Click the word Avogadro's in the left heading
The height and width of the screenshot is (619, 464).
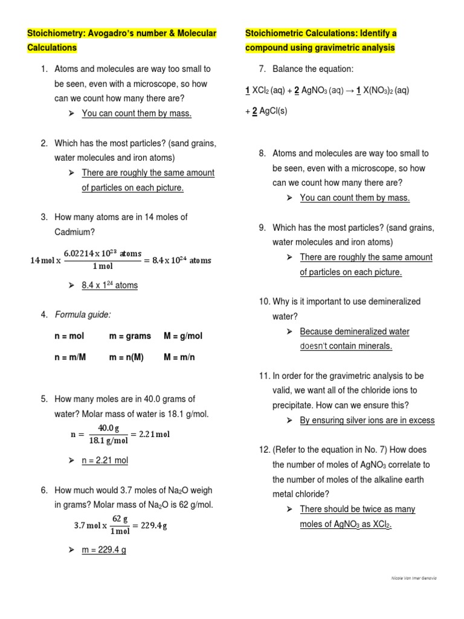126,33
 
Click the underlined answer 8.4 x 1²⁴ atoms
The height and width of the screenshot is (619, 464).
109,285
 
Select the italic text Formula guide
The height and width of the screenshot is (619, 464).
83,314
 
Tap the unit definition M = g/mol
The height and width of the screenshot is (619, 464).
183,335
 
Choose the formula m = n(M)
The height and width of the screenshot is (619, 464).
126,357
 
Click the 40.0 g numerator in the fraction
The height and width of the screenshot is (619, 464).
108,428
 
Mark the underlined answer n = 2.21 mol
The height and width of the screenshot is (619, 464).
105,460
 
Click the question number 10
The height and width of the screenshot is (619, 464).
264,301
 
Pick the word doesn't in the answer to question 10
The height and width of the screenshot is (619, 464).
317,346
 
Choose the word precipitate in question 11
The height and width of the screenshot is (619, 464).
294,405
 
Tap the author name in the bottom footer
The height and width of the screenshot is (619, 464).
414,578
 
